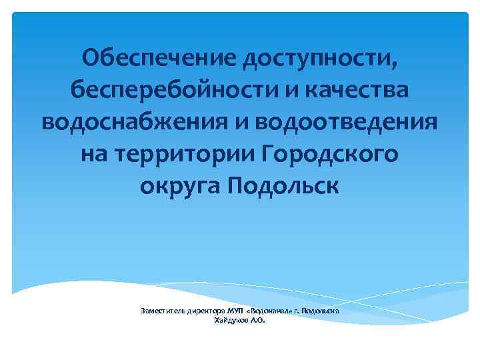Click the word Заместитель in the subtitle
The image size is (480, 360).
tap(163, 311)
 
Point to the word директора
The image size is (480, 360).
tap(206, 311)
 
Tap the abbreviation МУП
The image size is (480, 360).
tap(235, 311)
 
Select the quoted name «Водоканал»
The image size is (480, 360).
tap(271, 311)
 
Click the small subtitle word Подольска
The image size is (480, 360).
tap(322, 311)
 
